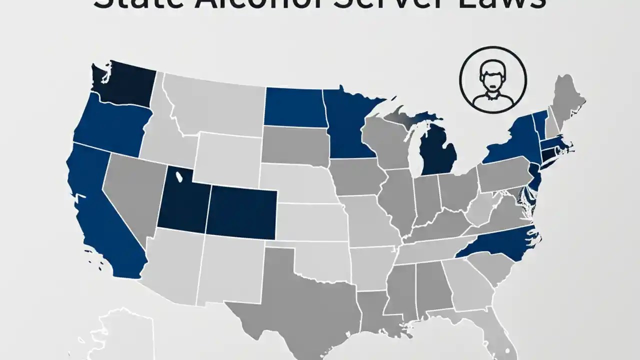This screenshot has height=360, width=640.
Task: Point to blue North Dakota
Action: pyautogui.click(x=295, y=106)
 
